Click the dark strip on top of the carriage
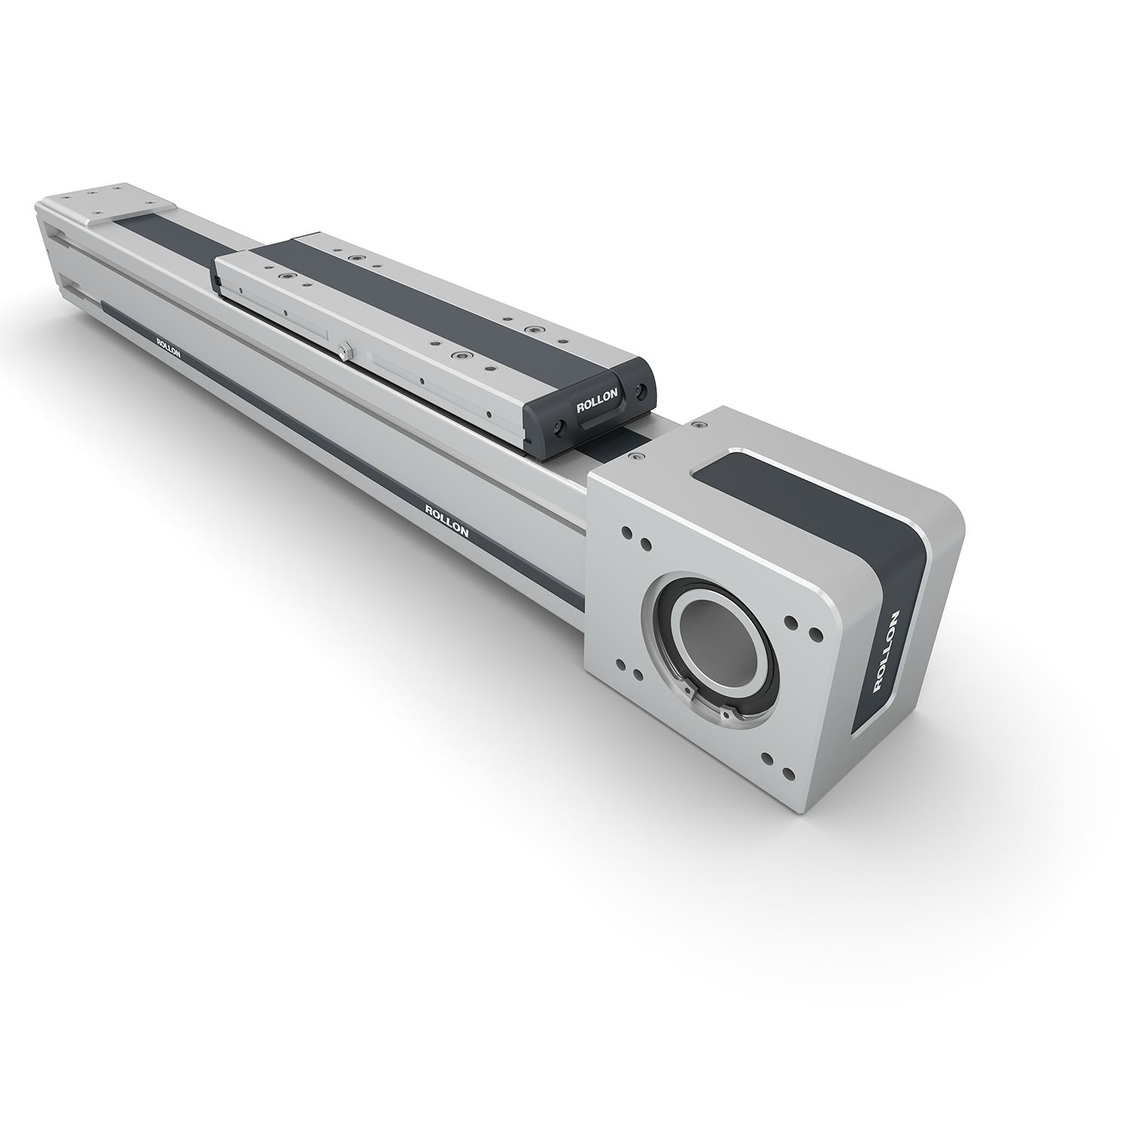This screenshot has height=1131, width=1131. [422, 302]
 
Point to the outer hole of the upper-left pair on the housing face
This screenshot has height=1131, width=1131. [627, 532]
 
